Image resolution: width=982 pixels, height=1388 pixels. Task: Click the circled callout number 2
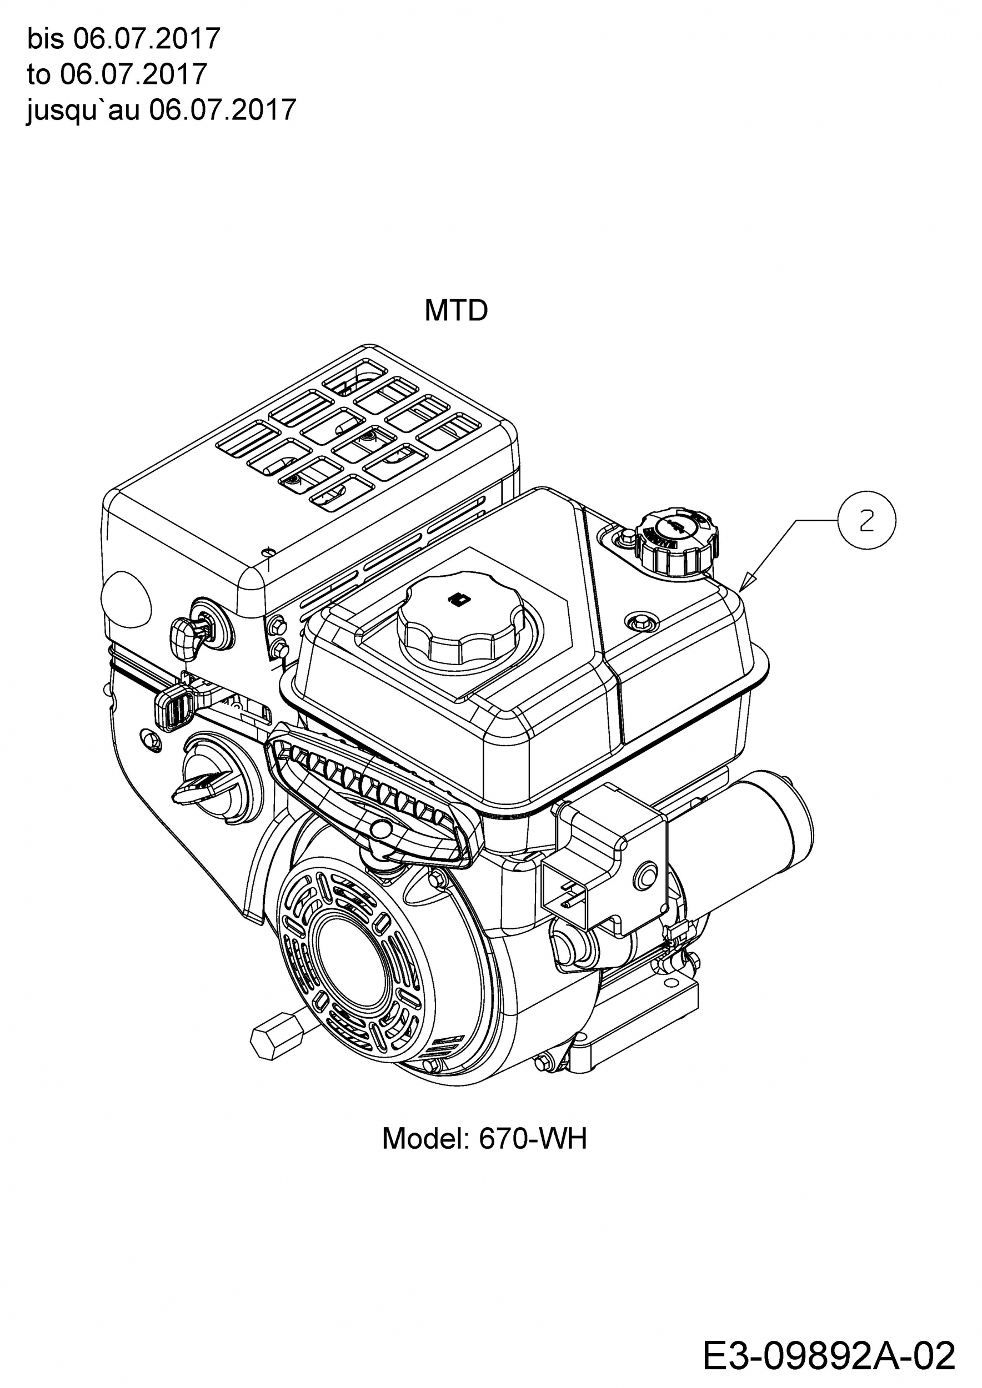click(866, 521)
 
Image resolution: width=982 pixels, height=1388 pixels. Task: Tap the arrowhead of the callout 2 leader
click(745, 585)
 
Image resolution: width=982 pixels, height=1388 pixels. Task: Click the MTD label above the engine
click(456, 311)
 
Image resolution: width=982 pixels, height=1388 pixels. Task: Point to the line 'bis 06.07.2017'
click(123, 39)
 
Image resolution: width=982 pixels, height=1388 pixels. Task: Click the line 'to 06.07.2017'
click(117, 74)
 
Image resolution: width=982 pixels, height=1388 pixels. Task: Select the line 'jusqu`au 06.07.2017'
click(162, 110)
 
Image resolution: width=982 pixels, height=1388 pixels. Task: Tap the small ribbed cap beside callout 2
click(676, 540)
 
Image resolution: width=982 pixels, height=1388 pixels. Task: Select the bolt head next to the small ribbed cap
click(626, 537)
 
